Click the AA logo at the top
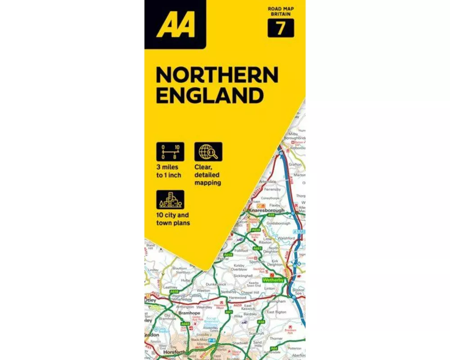pos(175,25)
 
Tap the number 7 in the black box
pos(281,28)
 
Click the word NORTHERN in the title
pos(217,75)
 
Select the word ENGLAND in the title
pos(210,95)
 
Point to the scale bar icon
pos(170,152)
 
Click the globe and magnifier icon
pos(208,152)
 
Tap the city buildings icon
pos(170,200)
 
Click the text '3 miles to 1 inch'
pos(169,171)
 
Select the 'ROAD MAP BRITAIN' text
pos(281,11)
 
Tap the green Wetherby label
pos(274,280)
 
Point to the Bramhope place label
pos(189,313)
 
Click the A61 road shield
pos(229,312)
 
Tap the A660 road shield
pos(185,324)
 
